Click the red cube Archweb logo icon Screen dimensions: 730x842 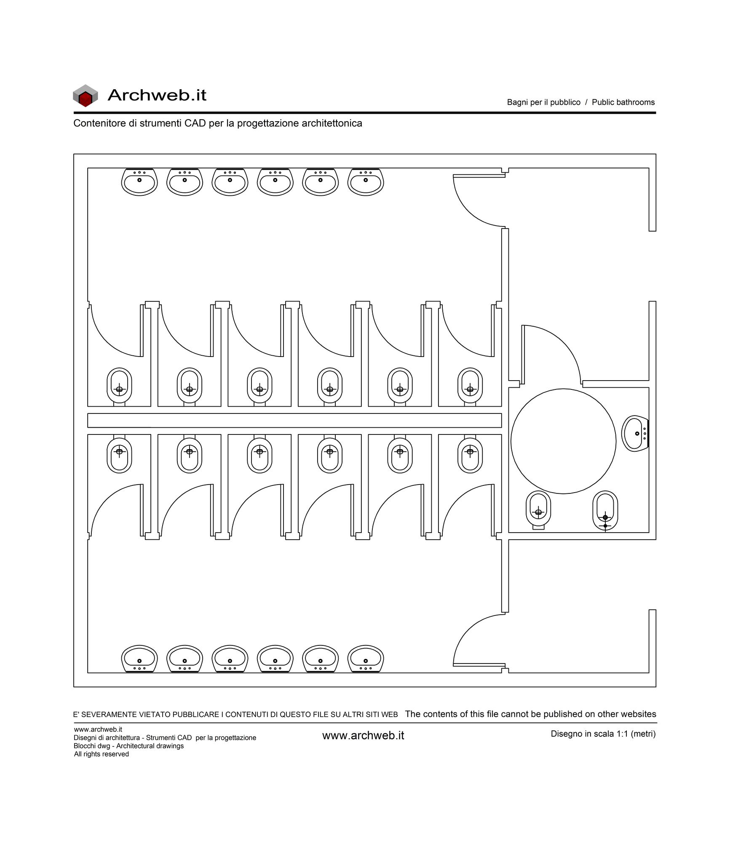(x=85, y=96)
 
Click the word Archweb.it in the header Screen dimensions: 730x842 (x=157, y=95)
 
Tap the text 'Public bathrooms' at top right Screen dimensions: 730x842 (x=623, y=102)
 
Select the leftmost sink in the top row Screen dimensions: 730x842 (x=139, y=182)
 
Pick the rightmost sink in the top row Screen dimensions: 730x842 (x=366, y=182)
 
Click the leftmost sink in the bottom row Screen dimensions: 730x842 (x=139, y=659)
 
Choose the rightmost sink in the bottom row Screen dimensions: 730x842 (x=366, y=659)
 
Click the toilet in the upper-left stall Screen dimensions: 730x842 (x=119, y=387)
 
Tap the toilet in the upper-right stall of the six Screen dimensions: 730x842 (x=470, y=387)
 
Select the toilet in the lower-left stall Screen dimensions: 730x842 (x=119, y=454)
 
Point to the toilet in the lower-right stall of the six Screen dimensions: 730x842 (x=470, y=454)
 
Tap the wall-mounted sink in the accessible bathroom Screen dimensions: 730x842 (x=635, y=434)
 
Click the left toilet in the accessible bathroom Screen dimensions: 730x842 (x=538, y=510)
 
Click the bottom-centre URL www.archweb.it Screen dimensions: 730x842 (x=363, y=735)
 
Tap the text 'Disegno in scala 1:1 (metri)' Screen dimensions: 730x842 (x=603, y=734)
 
